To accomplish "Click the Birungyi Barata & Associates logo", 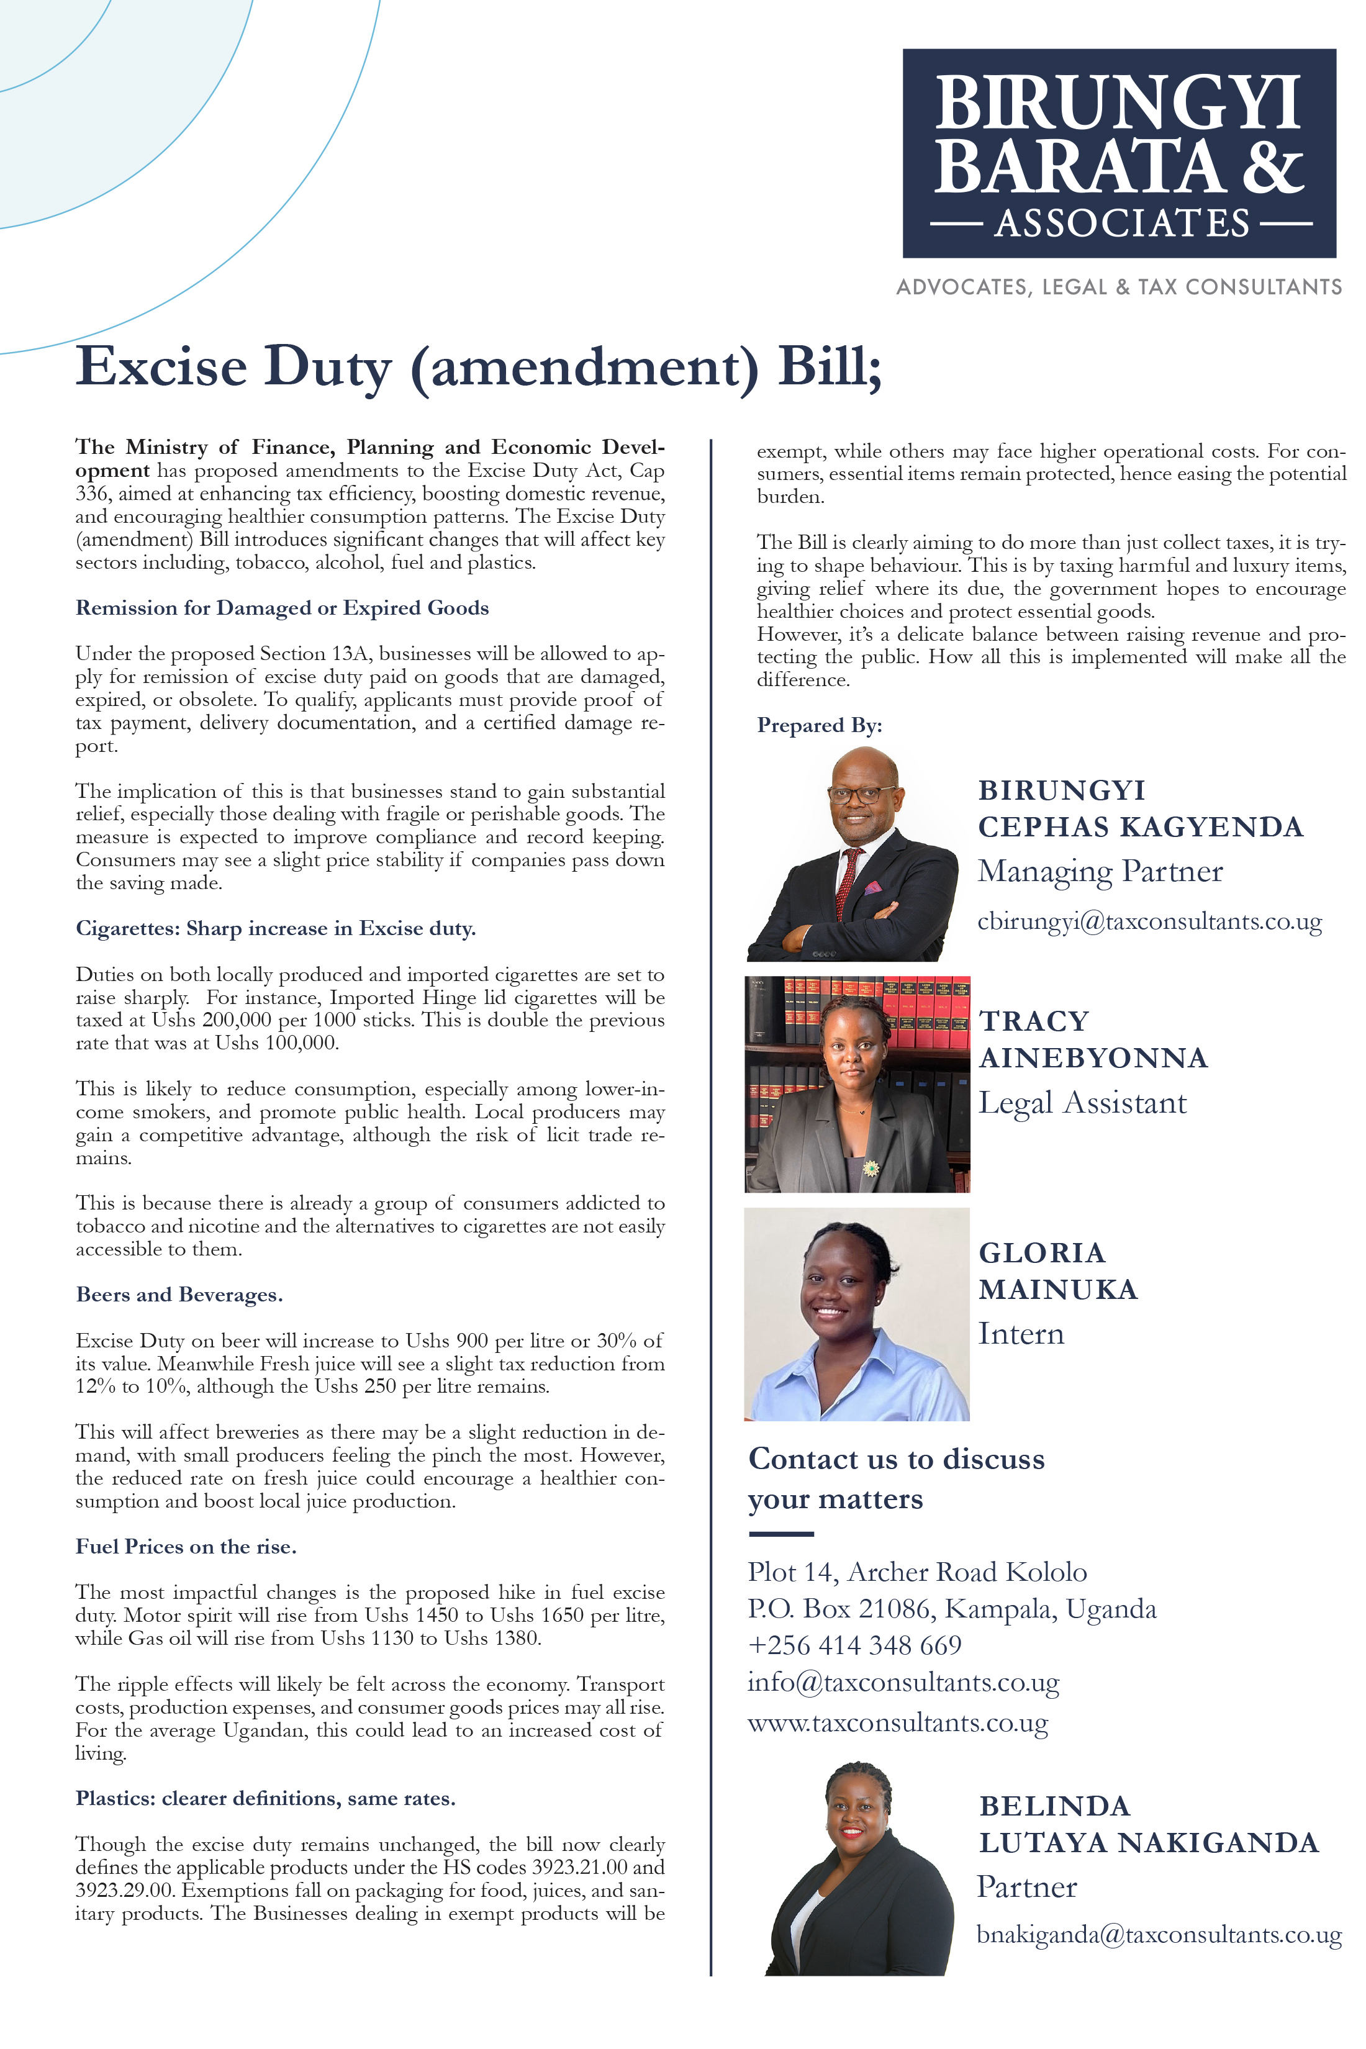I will (1119, 153).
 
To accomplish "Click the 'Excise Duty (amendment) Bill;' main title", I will (478, 367).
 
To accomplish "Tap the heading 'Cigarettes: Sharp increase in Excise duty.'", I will (275, 929).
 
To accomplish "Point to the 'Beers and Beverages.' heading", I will (179, 1295).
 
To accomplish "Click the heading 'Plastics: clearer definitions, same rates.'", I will (265, 1798).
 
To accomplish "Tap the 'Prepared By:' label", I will (819, 726).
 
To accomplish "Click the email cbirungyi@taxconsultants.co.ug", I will (1149, 921).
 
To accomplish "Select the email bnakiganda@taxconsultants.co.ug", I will (1158, 1934).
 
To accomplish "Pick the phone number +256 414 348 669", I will (854, 1645).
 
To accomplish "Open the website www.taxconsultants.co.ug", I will (897, 1722).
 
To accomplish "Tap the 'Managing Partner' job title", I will (1100, 871).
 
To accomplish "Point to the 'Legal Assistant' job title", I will (1082, 1103).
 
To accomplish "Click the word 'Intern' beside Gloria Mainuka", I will (1021, 1334).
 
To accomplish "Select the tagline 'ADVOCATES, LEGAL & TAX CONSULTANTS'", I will (1119, 287).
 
